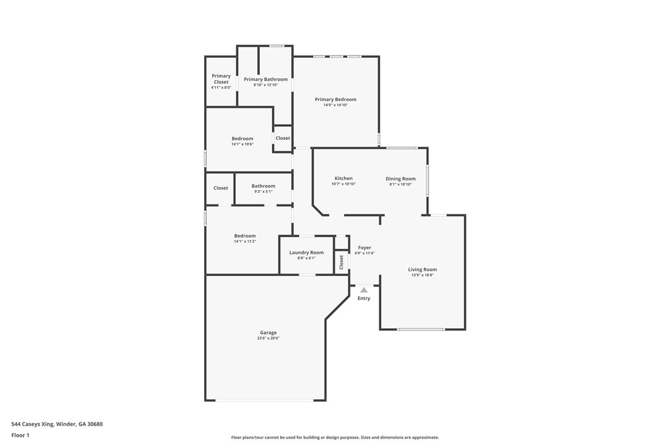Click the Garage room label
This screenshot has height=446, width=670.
click(268, 333)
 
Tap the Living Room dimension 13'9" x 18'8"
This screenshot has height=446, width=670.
click(423, 275)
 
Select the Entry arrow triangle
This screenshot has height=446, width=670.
click(364, 290)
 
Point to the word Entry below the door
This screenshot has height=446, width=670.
click(364, 298)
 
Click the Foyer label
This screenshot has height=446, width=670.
click(365, 248)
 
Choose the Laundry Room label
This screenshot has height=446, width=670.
click(306, 253)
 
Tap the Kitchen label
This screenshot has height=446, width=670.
click(344, 179)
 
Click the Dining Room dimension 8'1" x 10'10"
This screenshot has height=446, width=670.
click(400, 184)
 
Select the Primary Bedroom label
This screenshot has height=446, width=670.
click(336, 99)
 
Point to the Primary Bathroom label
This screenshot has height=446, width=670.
click(265, 79)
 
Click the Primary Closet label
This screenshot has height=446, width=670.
click(221, 79)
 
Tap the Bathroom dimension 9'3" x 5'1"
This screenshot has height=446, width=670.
click(263, 192)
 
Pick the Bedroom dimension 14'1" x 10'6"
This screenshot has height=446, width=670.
click(242, 144)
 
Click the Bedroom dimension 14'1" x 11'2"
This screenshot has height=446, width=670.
click(244, 241)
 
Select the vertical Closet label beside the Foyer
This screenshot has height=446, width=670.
click(341, 262)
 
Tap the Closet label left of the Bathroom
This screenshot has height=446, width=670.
click(221, 188)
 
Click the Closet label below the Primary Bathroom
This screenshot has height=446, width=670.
click(283, 138)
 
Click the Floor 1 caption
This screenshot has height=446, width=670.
click(20, 435)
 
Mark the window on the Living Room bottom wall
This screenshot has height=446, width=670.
click(421, 330)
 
